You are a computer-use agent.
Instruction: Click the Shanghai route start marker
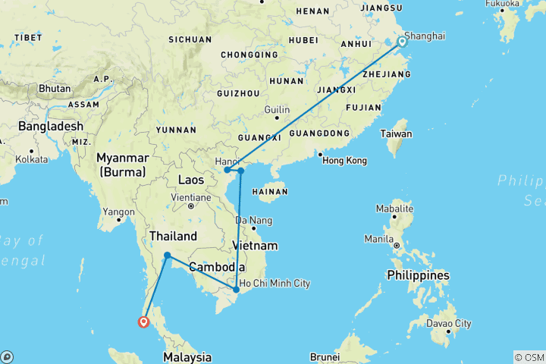pyautogui.click(x=402, y=42)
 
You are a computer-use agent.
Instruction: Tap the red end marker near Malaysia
pyautogui.click(x=143, y=322)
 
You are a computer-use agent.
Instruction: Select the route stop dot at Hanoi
pyautogui.click(x=227, y=171)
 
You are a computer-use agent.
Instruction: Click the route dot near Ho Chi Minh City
pyautogui.click(x=237, y=290)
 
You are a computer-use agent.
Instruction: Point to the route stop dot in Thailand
pyautogui.click(x=167, y=256)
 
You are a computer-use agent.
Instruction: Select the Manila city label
pyautogui.click(x=379, y=238)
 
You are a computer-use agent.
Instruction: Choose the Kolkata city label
pyautogui.click(x=30, y=159)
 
